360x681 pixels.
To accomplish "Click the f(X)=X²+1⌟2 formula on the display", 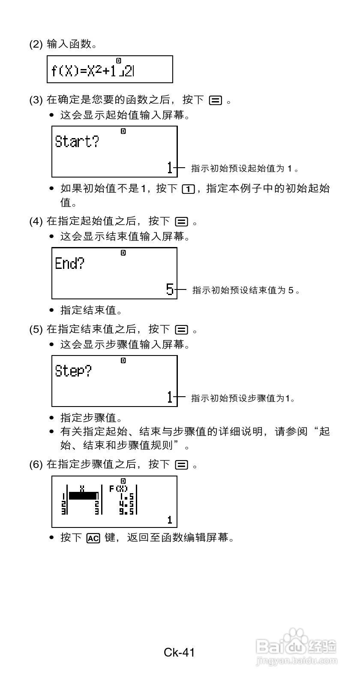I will [x=93, y=70].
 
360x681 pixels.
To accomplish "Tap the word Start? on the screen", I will [x=77, y=142].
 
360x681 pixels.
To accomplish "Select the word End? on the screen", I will [x=69, y=263].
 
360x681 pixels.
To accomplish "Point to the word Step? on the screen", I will [x=73, y=371].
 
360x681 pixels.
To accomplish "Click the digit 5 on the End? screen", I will [x=170, y=290].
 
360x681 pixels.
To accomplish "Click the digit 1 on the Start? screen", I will [x=170, y=168].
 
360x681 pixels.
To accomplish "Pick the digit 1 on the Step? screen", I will [x=170, y=398].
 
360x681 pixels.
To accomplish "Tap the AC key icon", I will [x=93, y=538].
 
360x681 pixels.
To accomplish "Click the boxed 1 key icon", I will [x=187, y=189].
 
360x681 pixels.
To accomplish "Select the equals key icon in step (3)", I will [x=215, y=101].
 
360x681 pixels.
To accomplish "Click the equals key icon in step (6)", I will [x=181, y=465].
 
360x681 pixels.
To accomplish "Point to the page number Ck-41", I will [x=180, y=653].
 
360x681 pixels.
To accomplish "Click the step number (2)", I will [x=36, y=44].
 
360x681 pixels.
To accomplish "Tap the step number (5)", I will [x=36, y=329].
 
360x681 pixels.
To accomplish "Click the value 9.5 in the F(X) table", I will [x=127, y=511].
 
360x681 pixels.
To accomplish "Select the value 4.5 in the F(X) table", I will [x=127, y=503].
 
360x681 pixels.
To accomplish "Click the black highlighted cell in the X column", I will [x=83, y=496].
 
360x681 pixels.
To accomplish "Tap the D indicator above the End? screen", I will [x=123, y=253].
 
